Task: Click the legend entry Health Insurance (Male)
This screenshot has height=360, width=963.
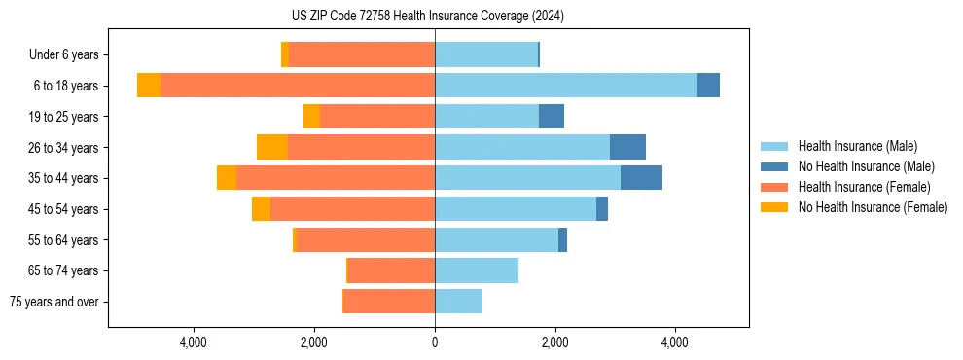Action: [x=857, y=146]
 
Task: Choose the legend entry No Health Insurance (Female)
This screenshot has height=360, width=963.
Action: [x=873, y=207]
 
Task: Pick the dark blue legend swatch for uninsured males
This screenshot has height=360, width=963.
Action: [x=774, y=166]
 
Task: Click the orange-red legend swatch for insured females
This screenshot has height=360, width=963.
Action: [x=774, y=187]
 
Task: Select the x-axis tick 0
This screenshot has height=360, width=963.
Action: [x=435, y=342]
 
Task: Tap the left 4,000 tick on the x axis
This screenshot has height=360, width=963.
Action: [x=194, y=342]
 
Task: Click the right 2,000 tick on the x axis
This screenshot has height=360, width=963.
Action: [x=555, y=342]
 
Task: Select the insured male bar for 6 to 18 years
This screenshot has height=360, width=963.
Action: [x=566, y=86]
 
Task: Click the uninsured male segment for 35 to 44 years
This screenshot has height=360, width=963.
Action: [x=641, y=178]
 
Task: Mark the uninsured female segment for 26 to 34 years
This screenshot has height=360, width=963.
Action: [x=272, y=147]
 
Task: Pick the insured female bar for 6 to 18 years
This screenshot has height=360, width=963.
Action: [x=298, y=86]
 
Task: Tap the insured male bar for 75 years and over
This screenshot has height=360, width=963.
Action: [x=458, y=302]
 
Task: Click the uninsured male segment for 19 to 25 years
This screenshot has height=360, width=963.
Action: [x=552, y=117]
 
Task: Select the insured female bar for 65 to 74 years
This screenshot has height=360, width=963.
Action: [x=391, y=270]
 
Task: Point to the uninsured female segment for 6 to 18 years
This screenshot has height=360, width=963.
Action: [x=149, y=86]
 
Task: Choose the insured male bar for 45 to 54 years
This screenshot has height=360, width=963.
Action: [x=516, y=209]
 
